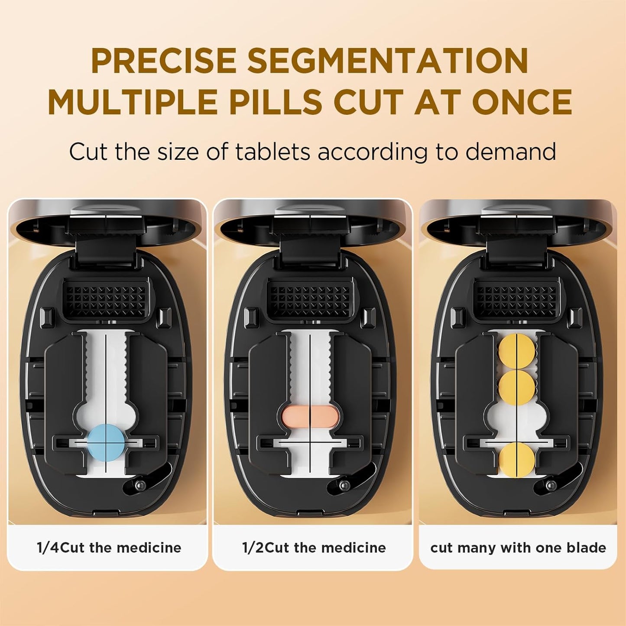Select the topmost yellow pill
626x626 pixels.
click(516, 351)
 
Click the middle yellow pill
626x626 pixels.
click(516, 387)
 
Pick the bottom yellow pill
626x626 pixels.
click(516, 460)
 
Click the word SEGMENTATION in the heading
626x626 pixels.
click(388, 61)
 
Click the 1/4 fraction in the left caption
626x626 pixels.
click(48, 548)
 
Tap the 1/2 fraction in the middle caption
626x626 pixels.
click(253, 548)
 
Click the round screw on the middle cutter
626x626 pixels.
click(345, 484)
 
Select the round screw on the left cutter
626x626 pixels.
click(140, 485)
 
